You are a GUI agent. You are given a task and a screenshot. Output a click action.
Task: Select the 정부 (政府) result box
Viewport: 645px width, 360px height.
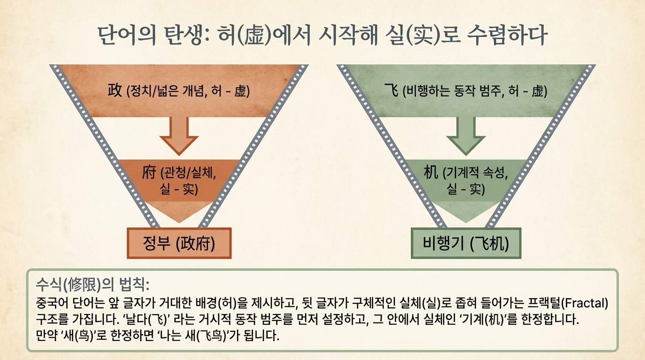(x=179, y=243)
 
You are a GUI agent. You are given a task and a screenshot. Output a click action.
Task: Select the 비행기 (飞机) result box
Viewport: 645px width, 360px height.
(x=465, y=243)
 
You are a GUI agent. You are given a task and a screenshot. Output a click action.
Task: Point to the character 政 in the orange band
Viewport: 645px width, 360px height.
(x=115, y=90)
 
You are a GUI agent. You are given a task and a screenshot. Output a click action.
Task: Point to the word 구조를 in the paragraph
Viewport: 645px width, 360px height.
(x=50, y=320)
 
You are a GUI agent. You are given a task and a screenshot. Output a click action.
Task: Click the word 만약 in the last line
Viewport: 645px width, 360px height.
(x=45, y=337)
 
